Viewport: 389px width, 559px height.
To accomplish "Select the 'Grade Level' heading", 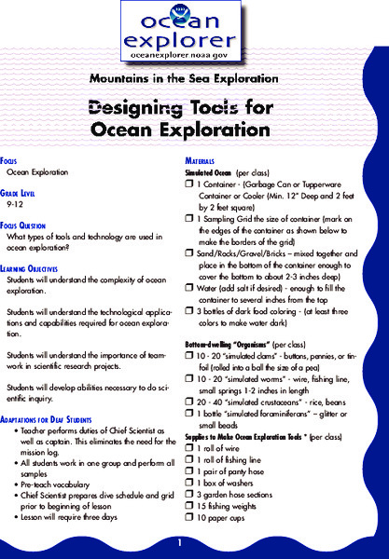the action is [x=27, y=190].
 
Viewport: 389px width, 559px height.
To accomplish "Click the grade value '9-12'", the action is [x=15, y=201].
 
